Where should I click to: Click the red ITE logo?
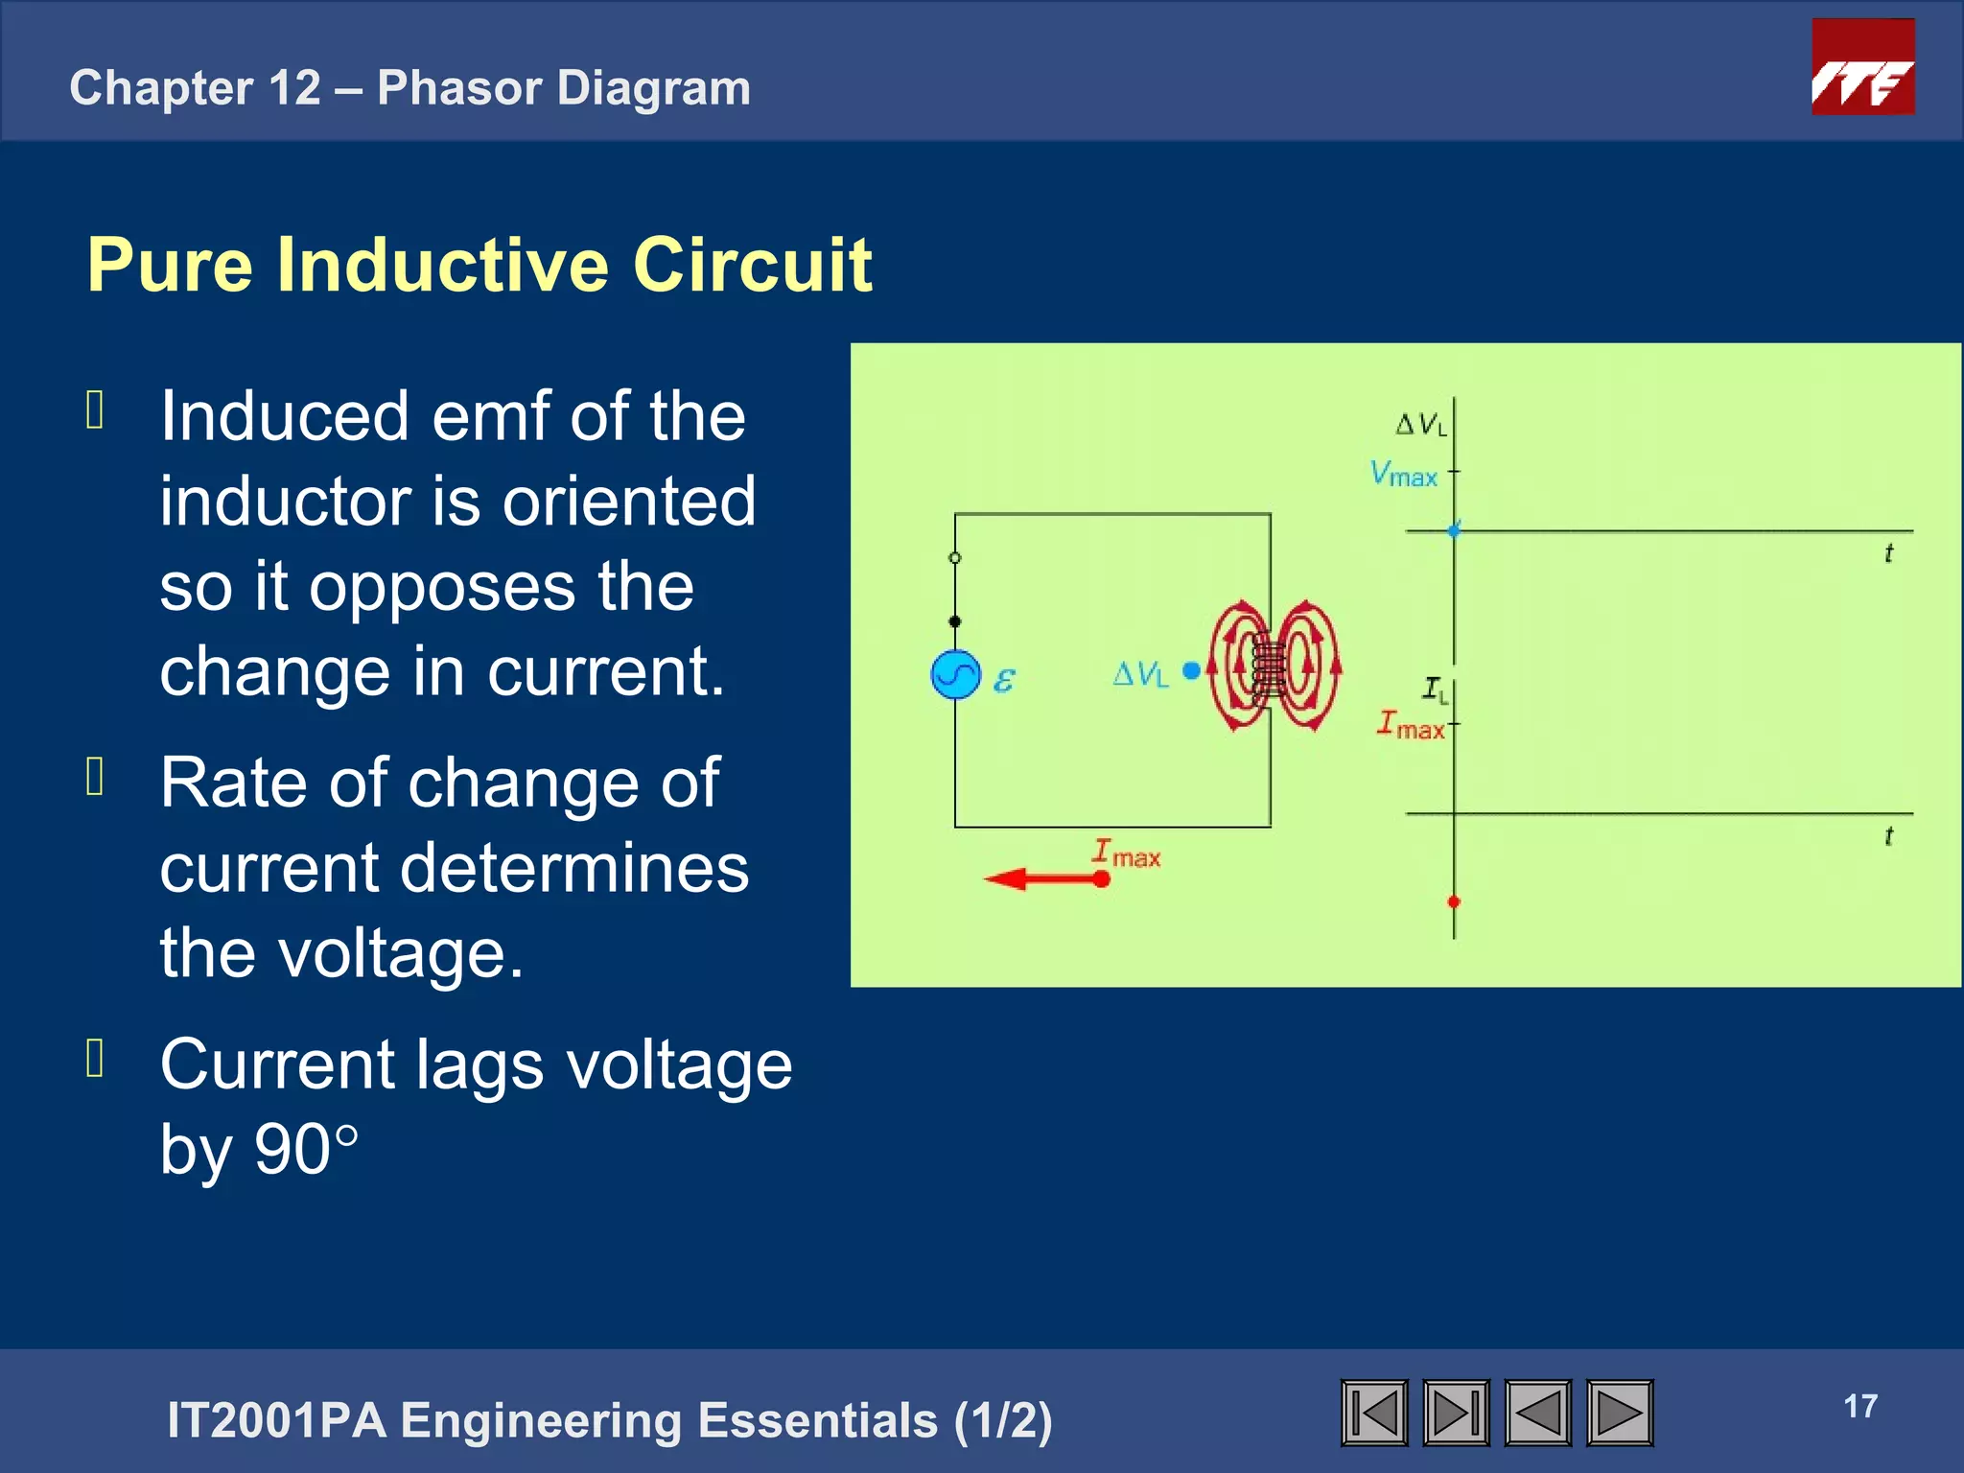point(1862,67)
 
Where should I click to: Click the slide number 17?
point(1859,1406)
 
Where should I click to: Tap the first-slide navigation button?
point(1374,1413)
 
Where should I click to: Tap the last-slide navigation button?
point(1456,1413)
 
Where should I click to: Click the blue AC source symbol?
point(955,675)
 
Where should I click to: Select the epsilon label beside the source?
point(1003,680)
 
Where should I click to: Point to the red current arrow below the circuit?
point(1045,878)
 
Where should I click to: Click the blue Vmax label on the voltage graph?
point(1403,474)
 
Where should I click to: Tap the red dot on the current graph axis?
point(1454,901)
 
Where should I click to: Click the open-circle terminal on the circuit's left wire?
point(954,557)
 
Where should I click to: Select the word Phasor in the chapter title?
point(459,88)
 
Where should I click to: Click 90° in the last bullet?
point(306,1149)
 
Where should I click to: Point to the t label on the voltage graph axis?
point(1888,553)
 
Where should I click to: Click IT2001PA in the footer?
point(276,1420)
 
